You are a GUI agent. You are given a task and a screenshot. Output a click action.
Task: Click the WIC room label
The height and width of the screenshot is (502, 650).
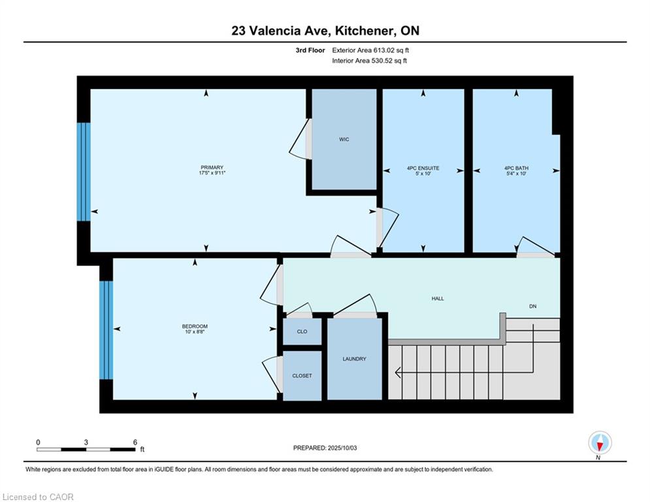point(344,139)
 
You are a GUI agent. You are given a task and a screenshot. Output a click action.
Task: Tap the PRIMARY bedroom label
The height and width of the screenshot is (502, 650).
point(212,167)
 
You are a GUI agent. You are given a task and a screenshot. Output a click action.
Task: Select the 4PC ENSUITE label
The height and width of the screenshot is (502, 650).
point(423,168)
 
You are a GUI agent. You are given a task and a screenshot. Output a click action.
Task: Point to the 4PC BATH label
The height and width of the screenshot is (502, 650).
point(516,168)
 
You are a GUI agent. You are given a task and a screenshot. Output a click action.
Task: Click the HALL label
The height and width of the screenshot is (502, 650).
point(438,298)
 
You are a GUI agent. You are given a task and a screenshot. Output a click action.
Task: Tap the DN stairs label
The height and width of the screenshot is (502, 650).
point(532,306)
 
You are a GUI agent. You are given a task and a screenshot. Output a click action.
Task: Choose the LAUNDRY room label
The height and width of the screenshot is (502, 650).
point(355,359)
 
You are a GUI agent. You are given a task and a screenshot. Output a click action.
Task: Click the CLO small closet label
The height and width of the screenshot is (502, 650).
point(302,331)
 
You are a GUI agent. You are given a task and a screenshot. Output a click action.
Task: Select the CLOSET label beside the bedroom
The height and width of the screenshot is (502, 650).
point(302,375)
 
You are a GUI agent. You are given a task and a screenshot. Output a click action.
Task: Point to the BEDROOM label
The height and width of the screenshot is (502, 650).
point(195,327)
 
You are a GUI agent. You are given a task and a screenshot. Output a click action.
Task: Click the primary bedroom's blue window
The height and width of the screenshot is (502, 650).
point(84,172)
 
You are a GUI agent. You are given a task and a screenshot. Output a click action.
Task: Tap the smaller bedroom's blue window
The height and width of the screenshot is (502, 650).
point(106,330)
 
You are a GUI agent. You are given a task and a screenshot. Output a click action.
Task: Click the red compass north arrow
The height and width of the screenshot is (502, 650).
point(600,446)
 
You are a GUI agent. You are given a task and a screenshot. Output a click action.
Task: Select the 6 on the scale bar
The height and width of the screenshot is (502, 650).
point(135,443)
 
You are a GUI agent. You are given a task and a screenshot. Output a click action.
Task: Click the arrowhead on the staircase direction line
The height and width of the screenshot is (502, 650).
point(398,373)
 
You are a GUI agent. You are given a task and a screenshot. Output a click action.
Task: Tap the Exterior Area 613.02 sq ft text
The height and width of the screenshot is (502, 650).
point(370,50)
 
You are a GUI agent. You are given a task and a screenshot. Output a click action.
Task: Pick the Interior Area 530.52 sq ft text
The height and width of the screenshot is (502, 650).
point(369,61)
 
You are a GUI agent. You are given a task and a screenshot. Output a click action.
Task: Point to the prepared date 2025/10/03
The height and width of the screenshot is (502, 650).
point(342,448)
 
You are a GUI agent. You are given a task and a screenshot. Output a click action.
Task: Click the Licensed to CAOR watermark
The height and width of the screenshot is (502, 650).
point(38,497)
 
